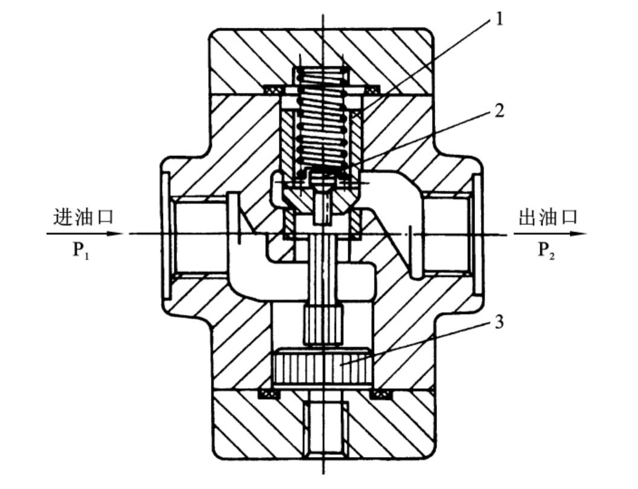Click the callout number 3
[499, 322]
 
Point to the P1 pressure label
[81, 250]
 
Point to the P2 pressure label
[546, 250]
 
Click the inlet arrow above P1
[85, 234]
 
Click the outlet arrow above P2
[550, 234]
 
